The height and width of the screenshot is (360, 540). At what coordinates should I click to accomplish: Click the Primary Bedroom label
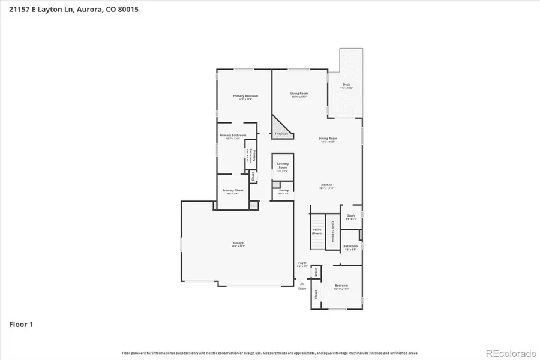tap(245, 96)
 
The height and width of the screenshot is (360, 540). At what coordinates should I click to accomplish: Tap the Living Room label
tap(299, 94)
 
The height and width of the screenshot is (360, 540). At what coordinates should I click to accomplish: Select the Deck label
tap(346, 85)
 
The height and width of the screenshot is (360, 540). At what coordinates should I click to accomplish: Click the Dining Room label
tap(328, 139)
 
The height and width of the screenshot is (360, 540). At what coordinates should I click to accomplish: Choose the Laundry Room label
tap(283, 165)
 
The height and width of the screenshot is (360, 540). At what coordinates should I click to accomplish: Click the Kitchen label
tap(326, 185)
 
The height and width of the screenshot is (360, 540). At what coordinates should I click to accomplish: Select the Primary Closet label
tap(233, 190)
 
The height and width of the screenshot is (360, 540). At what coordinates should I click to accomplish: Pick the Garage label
tap(238, 243)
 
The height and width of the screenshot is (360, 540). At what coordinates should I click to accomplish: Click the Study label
tap(351, 215)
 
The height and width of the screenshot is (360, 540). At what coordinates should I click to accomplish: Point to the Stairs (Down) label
tap(317, 231)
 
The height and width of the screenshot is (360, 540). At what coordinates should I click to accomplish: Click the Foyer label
tap(302, 263)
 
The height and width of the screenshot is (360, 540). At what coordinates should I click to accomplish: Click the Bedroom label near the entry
tap(341, 286)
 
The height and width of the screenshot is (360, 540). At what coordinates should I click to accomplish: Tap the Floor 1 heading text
tap(21, 325)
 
